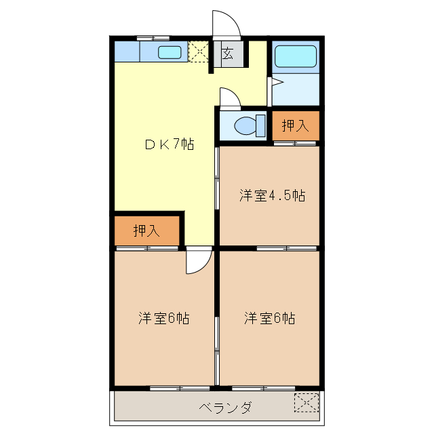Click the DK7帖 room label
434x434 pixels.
169,144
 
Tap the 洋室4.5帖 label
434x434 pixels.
271,196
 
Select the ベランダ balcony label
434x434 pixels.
226,408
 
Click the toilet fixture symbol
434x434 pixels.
245,125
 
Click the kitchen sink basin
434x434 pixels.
170,52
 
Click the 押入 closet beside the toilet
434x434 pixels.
295,125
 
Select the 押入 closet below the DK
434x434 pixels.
146,231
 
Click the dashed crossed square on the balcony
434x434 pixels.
306,402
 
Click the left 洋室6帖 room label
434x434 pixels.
163,318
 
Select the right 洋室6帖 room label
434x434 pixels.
269,318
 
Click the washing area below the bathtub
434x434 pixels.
296,88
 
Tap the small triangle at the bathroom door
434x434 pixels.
275,83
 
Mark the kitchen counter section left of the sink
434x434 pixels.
127,52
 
